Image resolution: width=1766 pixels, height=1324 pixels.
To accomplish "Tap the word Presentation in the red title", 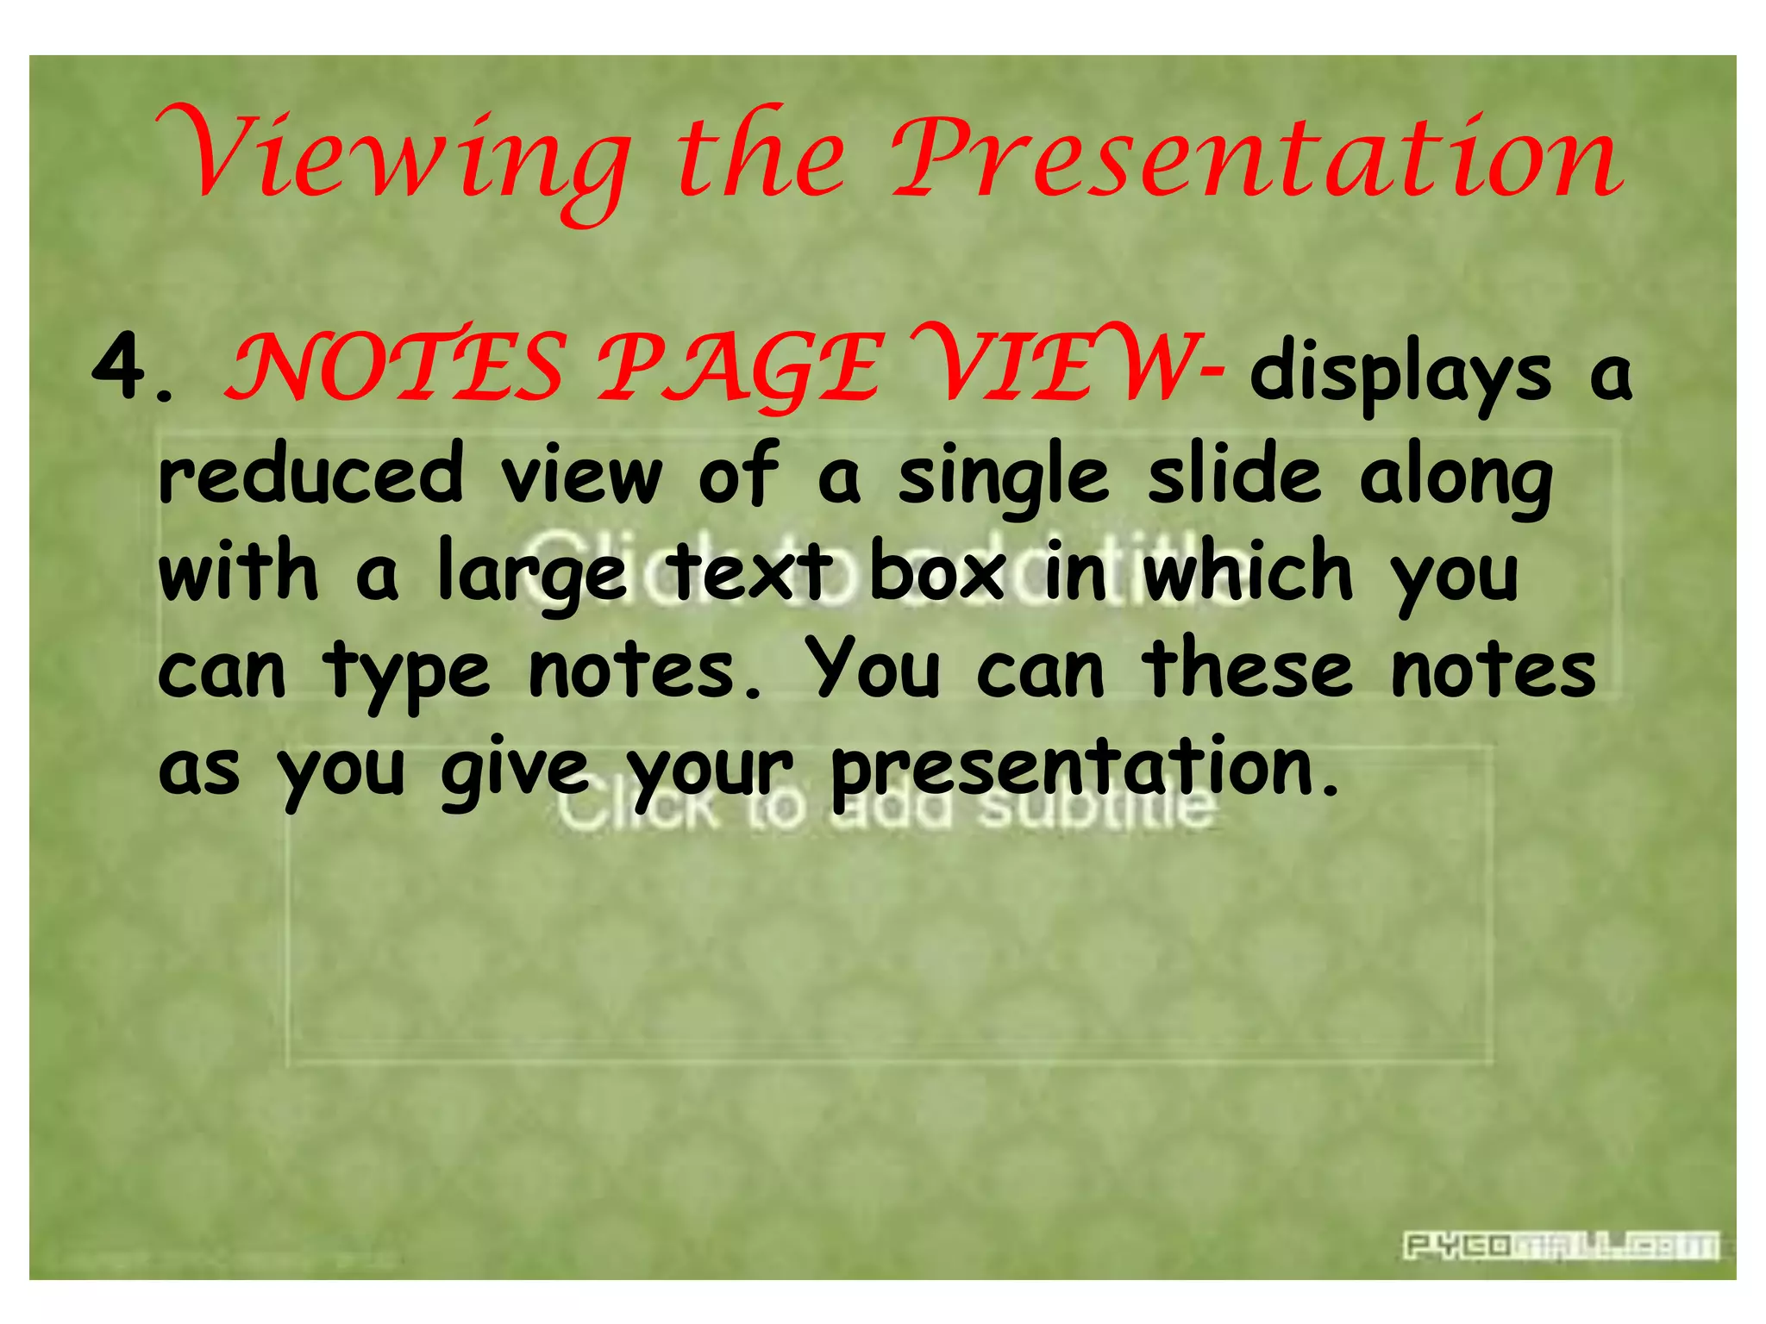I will click(1256, 159).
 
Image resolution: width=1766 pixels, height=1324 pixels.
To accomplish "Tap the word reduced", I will click(311, 473).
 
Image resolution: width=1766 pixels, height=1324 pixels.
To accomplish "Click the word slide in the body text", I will click(1233, 473).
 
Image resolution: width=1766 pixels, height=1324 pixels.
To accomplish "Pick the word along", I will click(1456, 479).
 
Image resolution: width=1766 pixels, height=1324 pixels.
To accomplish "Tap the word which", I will click(1248, 570).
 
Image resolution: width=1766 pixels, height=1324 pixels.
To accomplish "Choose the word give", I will click(515, 769).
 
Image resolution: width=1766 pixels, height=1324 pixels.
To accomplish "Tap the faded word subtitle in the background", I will click(1095, 810).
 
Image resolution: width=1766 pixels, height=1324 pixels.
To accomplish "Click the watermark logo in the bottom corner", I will click(1560, 1246).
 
